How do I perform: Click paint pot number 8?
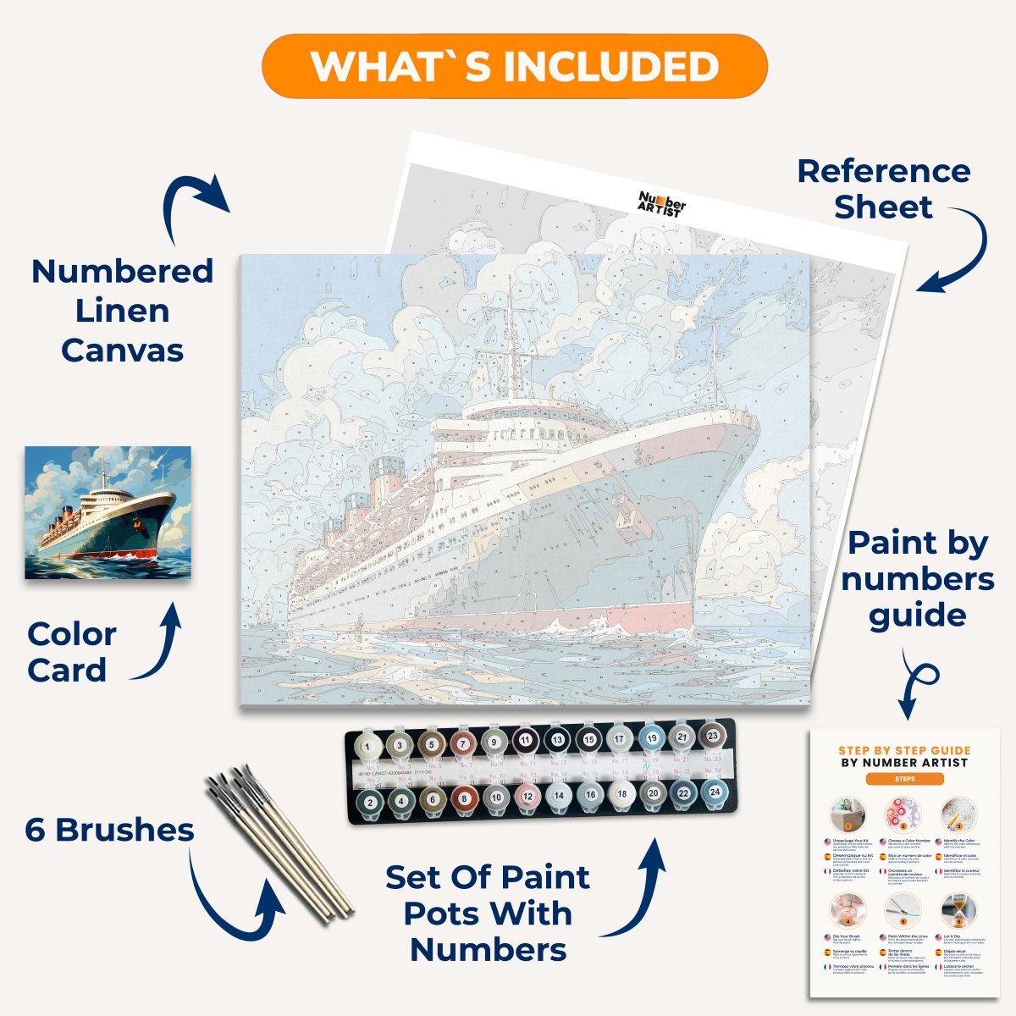[464, 798]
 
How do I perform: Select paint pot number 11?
[525, 741]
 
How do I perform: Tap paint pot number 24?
[715, 792]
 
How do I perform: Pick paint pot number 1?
[367, 746]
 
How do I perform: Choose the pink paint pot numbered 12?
[527, 797]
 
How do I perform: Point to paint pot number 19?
[651, 738]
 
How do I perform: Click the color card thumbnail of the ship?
[108, 512]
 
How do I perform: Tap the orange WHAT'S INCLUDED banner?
[515, 66]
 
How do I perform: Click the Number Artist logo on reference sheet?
[662, 203]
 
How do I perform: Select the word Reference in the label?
[884, 171]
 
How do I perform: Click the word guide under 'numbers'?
[918, 616]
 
